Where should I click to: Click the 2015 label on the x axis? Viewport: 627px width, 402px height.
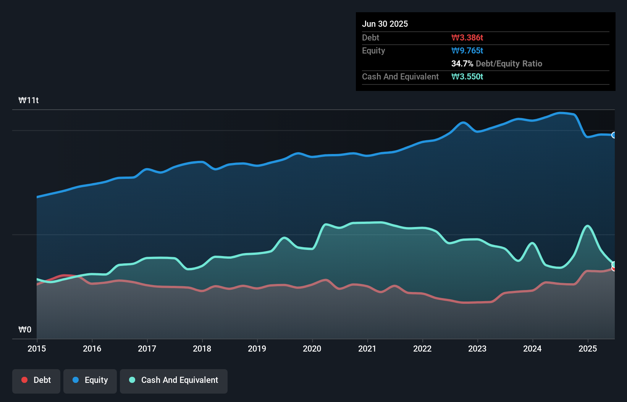coord(37,349)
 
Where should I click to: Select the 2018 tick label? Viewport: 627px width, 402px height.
coord(202,349)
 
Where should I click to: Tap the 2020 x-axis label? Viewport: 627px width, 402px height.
coord(312,349)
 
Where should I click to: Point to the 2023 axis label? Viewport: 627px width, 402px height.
coord(477,349)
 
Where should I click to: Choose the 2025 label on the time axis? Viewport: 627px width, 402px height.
coord(588,349)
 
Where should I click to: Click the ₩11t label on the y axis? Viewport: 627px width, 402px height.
coord(29,100)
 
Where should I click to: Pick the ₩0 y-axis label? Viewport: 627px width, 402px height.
coord(25,330)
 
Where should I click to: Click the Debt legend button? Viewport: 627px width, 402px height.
coord(36,380)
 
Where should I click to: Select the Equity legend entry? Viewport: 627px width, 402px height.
coord(90,380)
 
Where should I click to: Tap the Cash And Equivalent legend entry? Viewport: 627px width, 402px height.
coord(174,380)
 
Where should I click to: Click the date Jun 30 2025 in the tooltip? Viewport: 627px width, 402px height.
coord(385,24)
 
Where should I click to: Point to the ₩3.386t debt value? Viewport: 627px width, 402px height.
coord(467,37)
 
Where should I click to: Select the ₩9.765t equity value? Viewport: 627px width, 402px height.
coord(467,50)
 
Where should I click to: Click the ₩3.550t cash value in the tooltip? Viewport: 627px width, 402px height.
coord(467,76)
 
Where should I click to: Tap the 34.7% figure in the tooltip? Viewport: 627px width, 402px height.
coord(462,63)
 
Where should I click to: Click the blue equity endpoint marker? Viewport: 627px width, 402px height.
coord(614,135)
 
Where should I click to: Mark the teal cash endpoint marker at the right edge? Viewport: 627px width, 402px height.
coord(614,264)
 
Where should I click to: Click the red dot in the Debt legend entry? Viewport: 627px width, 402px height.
coord(24,380)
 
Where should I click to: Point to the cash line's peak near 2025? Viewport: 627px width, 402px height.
coord(588,226)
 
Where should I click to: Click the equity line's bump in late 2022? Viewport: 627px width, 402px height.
coord(463,122)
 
